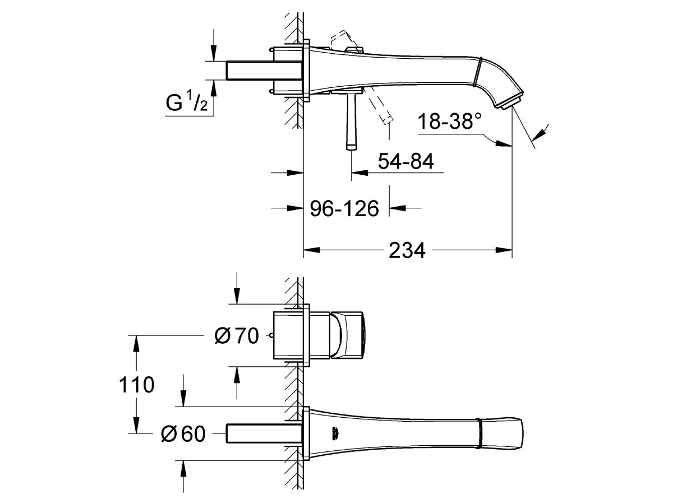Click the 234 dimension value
(407, 250)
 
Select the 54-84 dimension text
(405, 161)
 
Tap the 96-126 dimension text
(344, 209)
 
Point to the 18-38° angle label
(449, 121)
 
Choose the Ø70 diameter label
(237, 336)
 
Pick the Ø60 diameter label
(183, 433)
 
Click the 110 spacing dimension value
(136, 385)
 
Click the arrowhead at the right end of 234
(504, 250)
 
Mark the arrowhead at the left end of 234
(311, 250)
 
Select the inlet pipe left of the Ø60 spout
(264, 433)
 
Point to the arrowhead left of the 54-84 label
(359, 173)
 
